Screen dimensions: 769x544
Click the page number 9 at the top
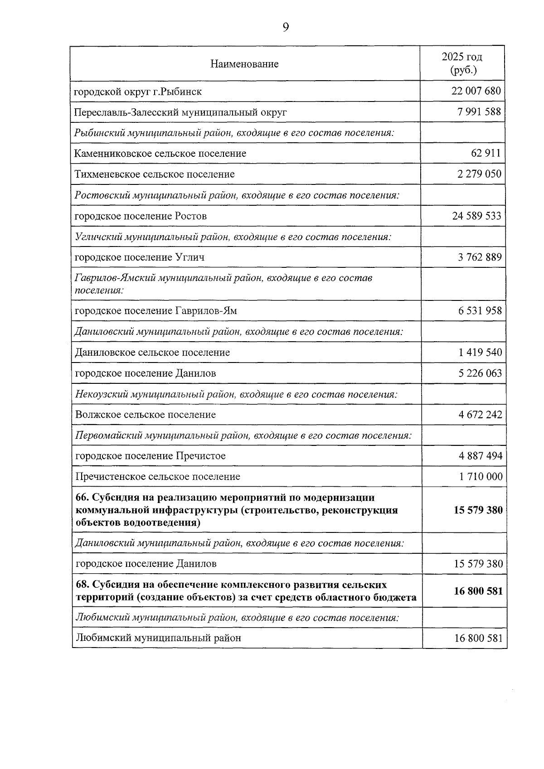[286, 28]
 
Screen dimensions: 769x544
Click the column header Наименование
[244, 64]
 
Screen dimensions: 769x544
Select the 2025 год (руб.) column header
[462, 63]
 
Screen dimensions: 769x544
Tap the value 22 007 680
[476, 91]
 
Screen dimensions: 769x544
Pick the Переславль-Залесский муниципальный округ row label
[180, 112]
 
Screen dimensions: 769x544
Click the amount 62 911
[486, 153]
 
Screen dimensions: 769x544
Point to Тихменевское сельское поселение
[155, 174]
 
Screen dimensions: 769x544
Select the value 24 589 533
[476, 216]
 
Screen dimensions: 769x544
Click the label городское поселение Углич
[139, 257]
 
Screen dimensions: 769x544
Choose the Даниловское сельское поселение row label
[152, 353]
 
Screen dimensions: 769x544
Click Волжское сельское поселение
[146, 415]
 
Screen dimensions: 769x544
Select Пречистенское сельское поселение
[158, 477]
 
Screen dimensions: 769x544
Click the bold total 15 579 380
[478, 510]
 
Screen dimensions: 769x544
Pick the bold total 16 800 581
[478, 591]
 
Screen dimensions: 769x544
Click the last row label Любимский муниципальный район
[158, 638]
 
